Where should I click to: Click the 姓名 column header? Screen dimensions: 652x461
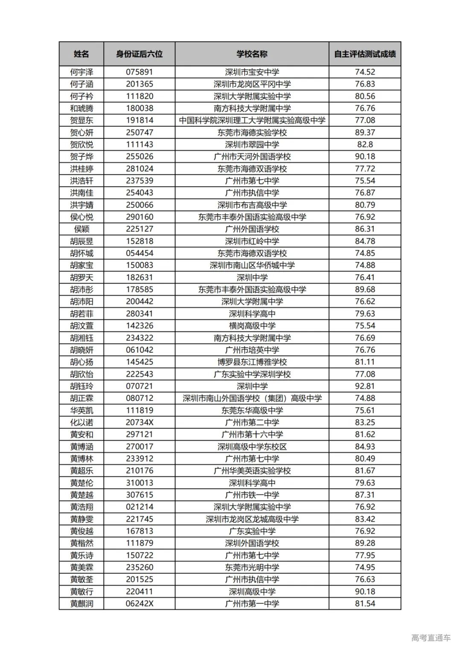click(x=81, y=54)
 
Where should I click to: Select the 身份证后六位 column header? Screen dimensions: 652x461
click(x=139, y=54)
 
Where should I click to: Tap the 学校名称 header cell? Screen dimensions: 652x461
click(x=252, y=54)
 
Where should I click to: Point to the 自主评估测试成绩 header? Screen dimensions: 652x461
click(x=365, y=54)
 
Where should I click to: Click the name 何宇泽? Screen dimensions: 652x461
click(x=81, y=72)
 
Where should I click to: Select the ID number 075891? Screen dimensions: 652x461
click(x=139, y=72)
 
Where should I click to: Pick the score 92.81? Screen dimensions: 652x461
click(x=365, y=386)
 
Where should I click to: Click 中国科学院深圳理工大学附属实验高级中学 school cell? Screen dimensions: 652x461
click(x=252, y=120)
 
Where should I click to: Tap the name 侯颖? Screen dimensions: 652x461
click(x=81, y=229)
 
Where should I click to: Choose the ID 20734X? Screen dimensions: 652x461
click(x=139, y=422)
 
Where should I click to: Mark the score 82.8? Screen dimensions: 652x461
click(x=365, y=144)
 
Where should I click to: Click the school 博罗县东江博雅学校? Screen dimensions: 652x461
click(x=252, y=362)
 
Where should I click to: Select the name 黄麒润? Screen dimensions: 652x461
click(x=81, y=603)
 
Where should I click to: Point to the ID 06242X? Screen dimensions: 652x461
click(x=139, y=603)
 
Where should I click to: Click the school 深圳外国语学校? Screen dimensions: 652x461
click(x=252, y=543)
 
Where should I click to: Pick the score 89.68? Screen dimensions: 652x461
click(x=365, y=289)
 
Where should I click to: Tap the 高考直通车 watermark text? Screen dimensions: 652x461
click(x=431, y=638)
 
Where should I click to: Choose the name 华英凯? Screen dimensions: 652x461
click(x=81, y=410)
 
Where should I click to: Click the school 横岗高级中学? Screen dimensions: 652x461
click(x=252, y=325)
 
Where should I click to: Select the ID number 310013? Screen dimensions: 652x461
click(x=139, y=482)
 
